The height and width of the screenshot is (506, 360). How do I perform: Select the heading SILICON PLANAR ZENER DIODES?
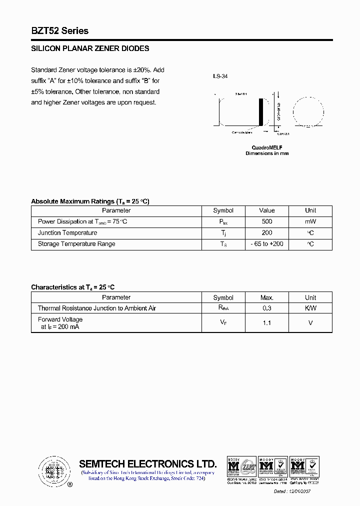[x=90, y=49]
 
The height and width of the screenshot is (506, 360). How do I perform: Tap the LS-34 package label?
[x=220, y=76]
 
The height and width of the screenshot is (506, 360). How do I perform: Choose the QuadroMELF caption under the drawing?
[x=267, y=147]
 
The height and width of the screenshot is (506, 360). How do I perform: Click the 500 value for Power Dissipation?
[x=267, y=221]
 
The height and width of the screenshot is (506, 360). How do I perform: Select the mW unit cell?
[x=310, y=221]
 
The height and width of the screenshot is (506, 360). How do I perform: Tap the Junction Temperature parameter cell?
[x=67, y=233]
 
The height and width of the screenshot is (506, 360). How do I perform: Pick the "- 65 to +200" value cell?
[x=267, y=244]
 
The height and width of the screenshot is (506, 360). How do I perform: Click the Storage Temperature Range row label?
[x=76, y=244]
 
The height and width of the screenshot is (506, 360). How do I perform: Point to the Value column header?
[x=267, y=210]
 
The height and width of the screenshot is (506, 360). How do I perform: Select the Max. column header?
[x=267, y=297]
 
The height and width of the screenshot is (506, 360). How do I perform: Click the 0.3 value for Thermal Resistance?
[x=267, y=308]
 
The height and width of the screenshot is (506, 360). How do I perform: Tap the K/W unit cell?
[x=310, y=308]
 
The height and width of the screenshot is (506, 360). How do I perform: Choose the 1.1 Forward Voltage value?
[x=267, y=323]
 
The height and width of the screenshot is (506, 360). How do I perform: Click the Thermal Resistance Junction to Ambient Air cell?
[x=97, y=308]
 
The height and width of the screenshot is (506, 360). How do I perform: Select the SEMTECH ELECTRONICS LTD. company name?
[x=148, y=463]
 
